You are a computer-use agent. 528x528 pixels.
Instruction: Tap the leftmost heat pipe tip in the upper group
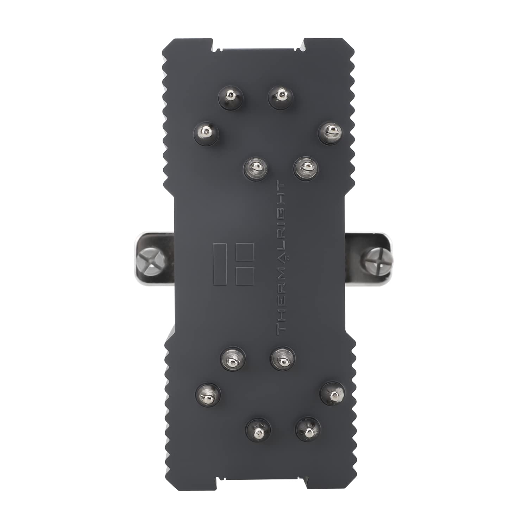point(207,132)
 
